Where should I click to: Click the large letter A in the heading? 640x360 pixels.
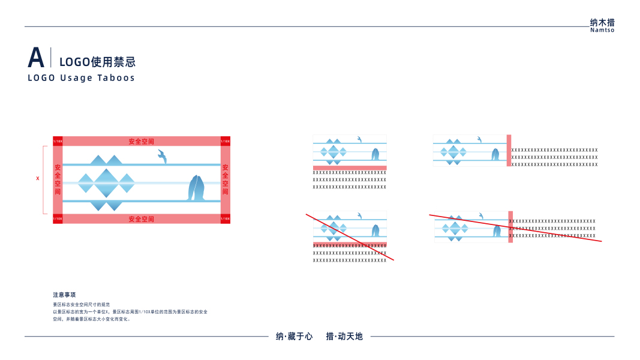[36, 58]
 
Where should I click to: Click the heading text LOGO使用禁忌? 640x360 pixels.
[97, 61]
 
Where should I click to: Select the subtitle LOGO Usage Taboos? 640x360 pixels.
[82, 78]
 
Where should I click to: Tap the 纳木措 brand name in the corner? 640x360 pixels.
[602, 23]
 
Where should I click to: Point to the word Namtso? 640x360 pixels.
[602, 31]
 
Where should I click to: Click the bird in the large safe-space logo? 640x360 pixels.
[162, 157]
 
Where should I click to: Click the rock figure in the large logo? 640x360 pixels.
[197, 188]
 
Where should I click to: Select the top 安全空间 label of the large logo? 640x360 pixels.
[142, 142]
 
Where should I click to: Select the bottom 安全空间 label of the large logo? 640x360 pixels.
[142, 219]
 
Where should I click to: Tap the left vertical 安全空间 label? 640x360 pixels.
[58, 179]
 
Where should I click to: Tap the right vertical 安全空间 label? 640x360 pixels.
[226, 179]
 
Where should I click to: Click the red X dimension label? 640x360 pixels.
[38, 178]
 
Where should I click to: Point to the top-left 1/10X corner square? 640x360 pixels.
[58, 141]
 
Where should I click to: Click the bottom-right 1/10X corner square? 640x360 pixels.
[226, 219]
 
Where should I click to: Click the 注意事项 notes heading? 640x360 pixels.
[64, 295]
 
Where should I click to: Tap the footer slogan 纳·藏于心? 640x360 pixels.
[294, 337]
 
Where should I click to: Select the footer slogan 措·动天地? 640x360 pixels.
[344, 337]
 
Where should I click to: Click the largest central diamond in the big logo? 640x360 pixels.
[107, 183]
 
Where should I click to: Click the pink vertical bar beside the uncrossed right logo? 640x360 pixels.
[509, 150]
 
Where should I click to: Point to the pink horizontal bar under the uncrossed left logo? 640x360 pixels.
[350, 168]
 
